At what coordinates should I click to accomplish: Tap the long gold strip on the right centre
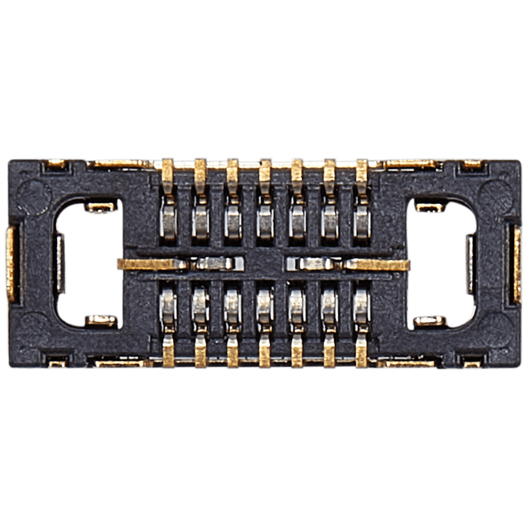[378, 264]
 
